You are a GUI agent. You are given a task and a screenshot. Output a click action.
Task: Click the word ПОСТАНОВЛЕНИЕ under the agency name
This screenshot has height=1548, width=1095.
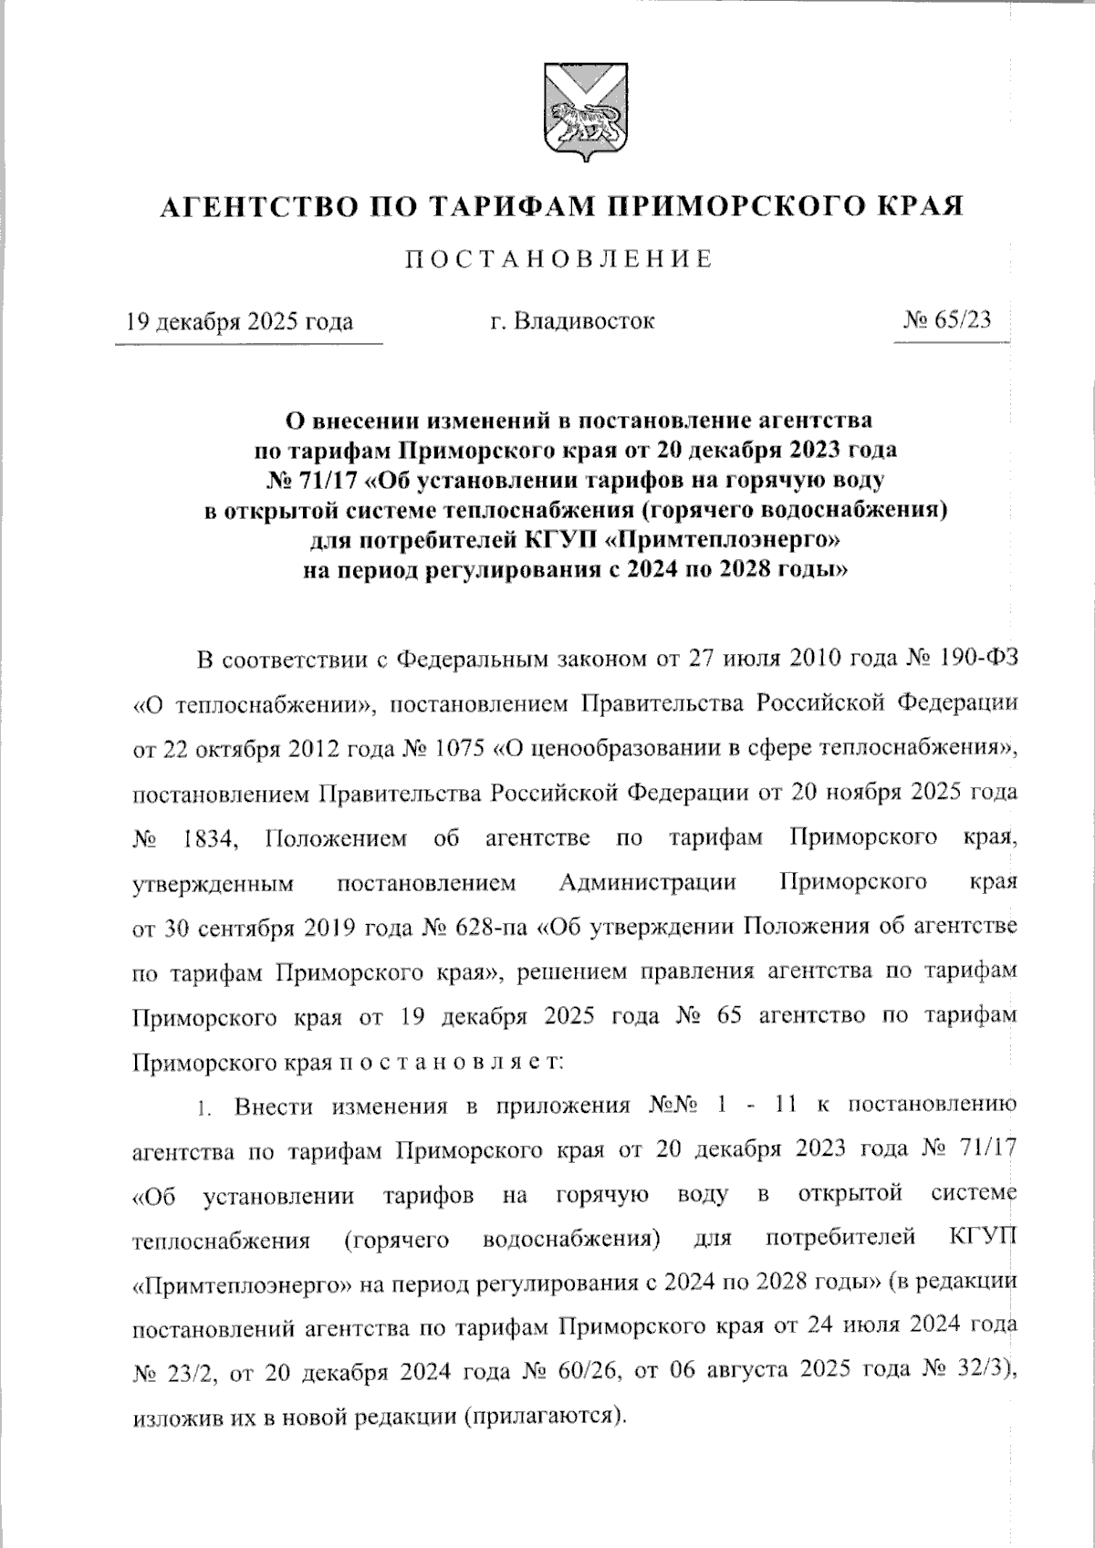558,260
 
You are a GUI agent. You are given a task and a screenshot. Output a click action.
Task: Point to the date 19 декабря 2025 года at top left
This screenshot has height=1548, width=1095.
239,322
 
